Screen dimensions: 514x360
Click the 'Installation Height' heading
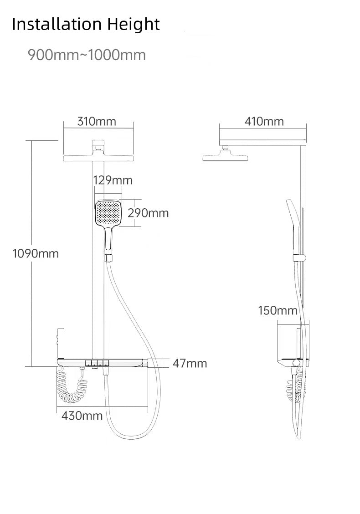point(86,24)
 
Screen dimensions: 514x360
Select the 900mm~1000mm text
point(87,55)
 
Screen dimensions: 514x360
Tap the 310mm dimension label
point(97,121)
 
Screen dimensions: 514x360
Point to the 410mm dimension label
point(264,121)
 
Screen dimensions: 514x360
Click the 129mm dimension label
point(113,180)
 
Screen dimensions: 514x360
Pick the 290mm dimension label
point(148,213)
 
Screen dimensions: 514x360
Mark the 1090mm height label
point(35,254)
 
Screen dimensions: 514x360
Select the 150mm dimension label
point(277,311)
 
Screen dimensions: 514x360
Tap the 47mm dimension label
point(190,363)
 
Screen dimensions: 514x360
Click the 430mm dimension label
point(82,416)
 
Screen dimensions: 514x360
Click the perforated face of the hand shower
point(108,213)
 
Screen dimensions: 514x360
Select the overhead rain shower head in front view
point(98,157)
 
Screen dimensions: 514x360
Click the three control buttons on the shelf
point(98,363)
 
